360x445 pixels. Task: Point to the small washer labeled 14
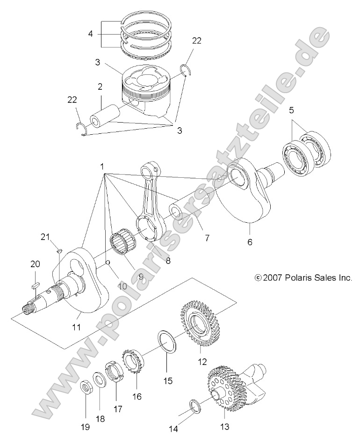195,405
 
